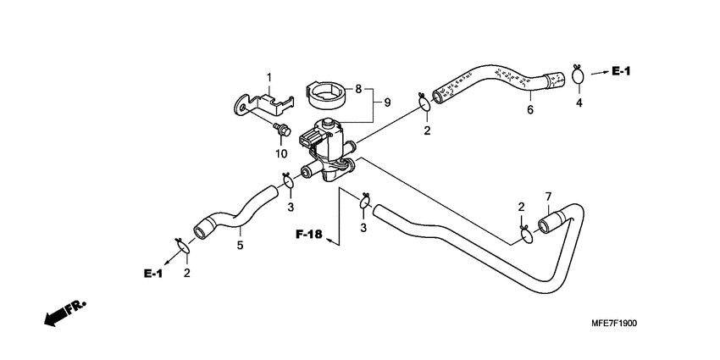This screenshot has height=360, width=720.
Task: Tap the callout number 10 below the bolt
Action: (280, 153)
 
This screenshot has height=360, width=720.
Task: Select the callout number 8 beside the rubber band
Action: (358, 88)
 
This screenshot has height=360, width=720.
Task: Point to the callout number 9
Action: (387, 102)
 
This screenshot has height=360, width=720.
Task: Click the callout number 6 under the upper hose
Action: (530, 109)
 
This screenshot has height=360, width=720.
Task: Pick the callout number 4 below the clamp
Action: (579, 103)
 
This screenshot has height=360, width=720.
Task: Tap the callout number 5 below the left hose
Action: (240, 246)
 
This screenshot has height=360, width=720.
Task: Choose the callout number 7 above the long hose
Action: (548, 197)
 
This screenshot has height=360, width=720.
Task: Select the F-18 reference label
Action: (309, 234)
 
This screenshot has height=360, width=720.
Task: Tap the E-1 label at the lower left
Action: (152, 273)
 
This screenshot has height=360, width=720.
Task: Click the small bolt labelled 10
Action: (281, 128)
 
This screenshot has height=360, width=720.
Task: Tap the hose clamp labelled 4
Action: (579, 77)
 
